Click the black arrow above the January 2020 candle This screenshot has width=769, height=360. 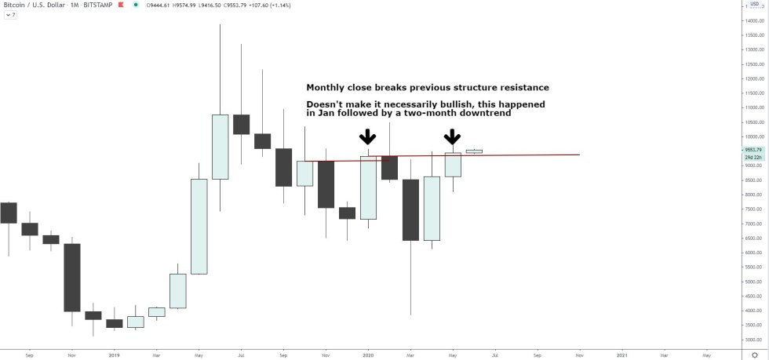367,137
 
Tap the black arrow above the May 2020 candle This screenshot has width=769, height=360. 453,137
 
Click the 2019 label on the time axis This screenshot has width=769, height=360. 114,355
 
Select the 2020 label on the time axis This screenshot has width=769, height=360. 369,355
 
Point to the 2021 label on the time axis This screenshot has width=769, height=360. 622,355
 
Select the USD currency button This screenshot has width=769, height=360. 754,4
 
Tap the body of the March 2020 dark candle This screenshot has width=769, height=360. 410,209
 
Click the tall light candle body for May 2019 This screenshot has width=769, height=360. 199,226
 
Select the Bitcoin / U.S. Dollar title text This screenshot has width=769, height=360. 35,5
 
